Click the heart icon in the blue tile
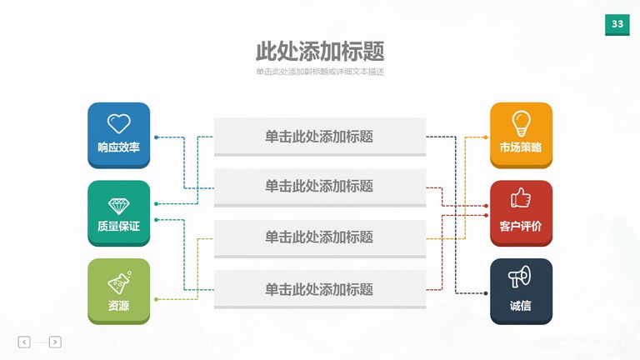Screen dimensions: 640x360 coord(119,123)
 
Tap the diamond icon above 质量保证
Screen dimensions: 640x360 coord(119,207)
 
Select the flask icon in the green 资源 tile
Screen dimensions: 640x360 coord(120,282)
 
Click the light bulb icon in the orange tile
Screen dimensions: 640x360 coord(521,123)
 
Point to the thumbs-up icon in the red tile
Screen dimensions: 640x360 coord(521,197)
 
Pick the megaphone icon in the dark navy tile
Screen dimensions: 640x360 coord(520,277)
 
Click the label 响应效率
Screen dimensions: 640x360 coord(119,147)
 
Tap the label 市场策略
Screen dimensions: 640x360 coord(521,147)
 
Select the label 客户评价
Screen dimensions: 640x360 coord(521,226)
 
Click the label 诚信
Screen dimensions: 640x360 coord(520,306)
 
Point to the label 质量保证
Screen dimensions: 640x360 coord(119,226)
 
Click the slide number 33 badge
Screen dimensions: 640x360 coord(617,24)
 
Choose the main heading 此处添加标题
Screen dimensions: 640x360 coord(320,52)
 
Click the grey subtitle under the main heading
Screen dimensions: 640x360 coord(320,72)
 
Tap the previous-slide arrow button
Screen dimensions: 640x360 coord(24,342)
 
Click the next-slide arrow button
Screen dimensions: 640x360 coord(55,342)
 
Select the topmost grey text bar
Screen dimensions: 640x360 coord(320,137)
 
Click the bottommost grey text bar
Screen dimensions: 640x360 coord(320,289)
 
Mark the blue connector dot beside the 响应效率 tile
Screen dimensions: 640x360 coord(157,137)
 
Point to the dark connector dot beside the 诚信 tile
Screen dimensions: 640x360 coord(486,293)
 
